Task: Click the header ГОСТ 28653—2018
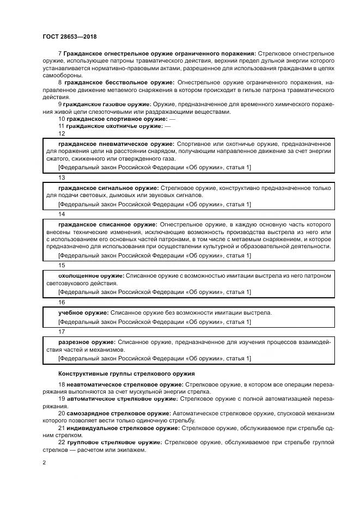pyautogui.click(x=66, y=36)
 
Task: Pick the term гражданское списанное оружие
pyautogui.click(x=107, y=224)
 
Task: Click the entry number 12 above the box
pyautogui.click(x=62, y=133)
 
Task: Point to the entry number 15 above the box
pyautogui.click(x=62, y=265)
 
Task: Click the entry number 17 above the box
pyautogui.click(x=62, y=332)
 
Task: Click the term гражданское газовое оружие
pyautogui.click(x=107, y=104)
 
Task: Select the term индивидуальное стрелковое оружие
pyautogui.click(x=122, y=428)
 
